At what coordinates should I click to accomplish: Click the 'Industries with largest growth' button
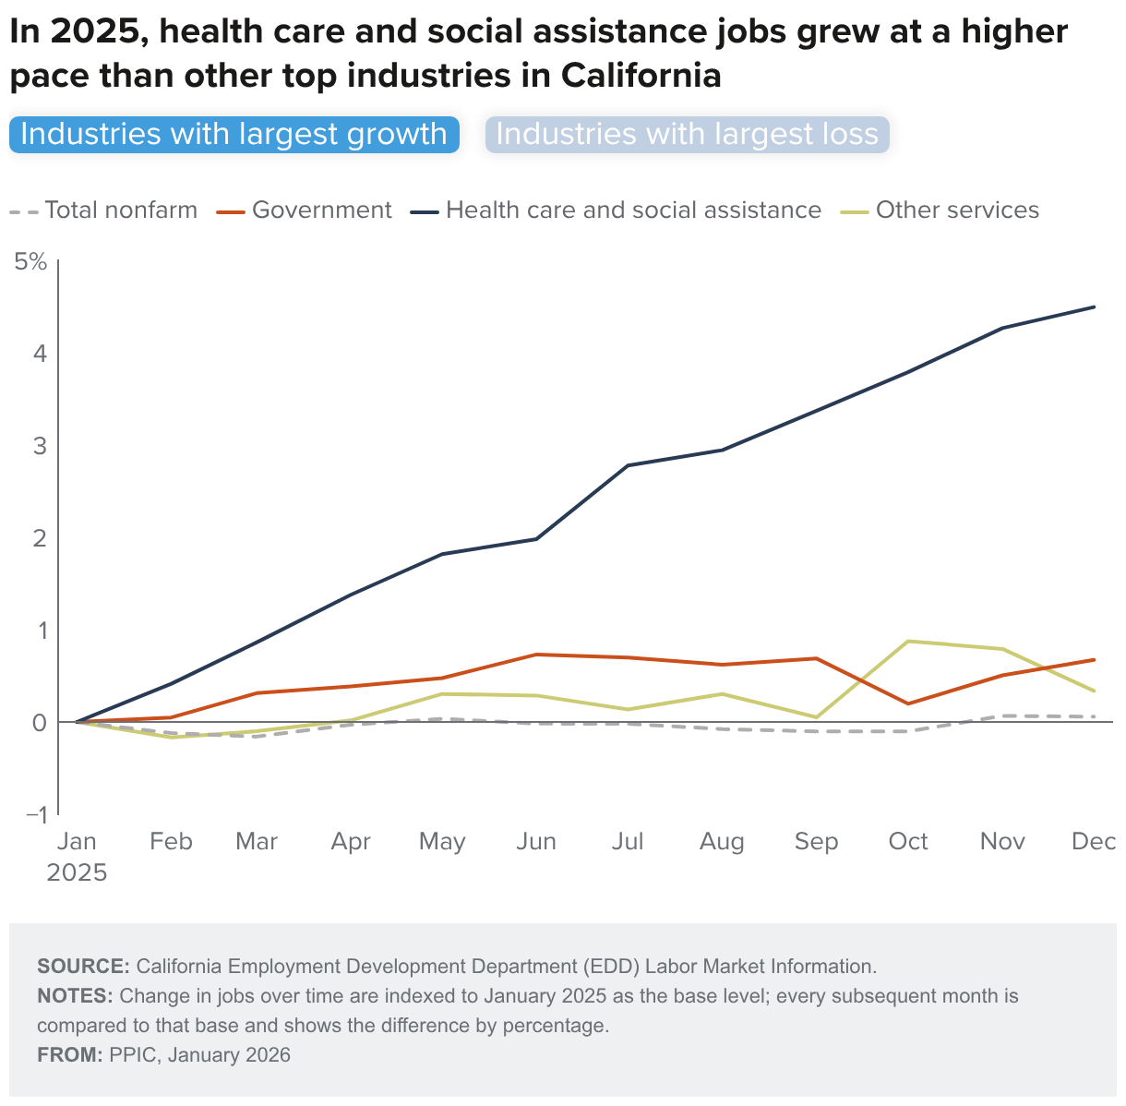coord(234,135)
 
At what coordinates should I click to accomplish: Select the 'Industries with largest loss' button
coord(687,135)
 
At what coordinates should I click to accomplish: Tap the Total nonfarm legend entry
coord(104,210)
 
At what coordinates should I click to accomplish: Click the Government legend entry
coord(305,210)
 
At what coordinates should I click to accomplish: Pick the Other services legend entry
coord(941,210)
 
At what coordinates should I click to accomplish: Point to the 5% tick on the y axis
coord(30,261)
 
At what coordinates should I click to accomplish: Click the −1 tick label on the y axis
coord(37,814)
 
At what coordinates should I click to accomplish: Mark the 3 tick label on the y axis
coord(40,445)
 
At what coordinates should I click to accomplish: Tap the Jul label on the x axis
coord(628,842)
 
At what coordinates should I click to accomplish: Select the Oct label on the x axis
coord(908,842)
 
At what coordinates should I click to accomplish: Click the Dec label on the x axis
coord(1094,842)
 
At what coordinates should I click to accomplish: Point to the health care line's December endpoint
coord(1095,307)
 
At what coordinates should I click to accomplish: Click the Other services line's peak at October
coord(909,641)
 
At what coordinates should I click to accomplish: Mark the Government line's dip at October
coord(909,703)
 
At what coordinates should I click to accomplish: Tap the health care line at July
coord(629,465)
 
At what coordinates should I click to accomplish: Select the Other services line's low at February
coord(170,738)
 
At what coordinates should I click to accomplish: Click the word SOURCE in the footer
coord(83,967)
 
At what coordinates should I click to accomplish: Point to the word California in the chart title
coord(641,76)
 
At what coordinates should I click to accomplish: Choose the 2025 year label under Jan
coord(77,872)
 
